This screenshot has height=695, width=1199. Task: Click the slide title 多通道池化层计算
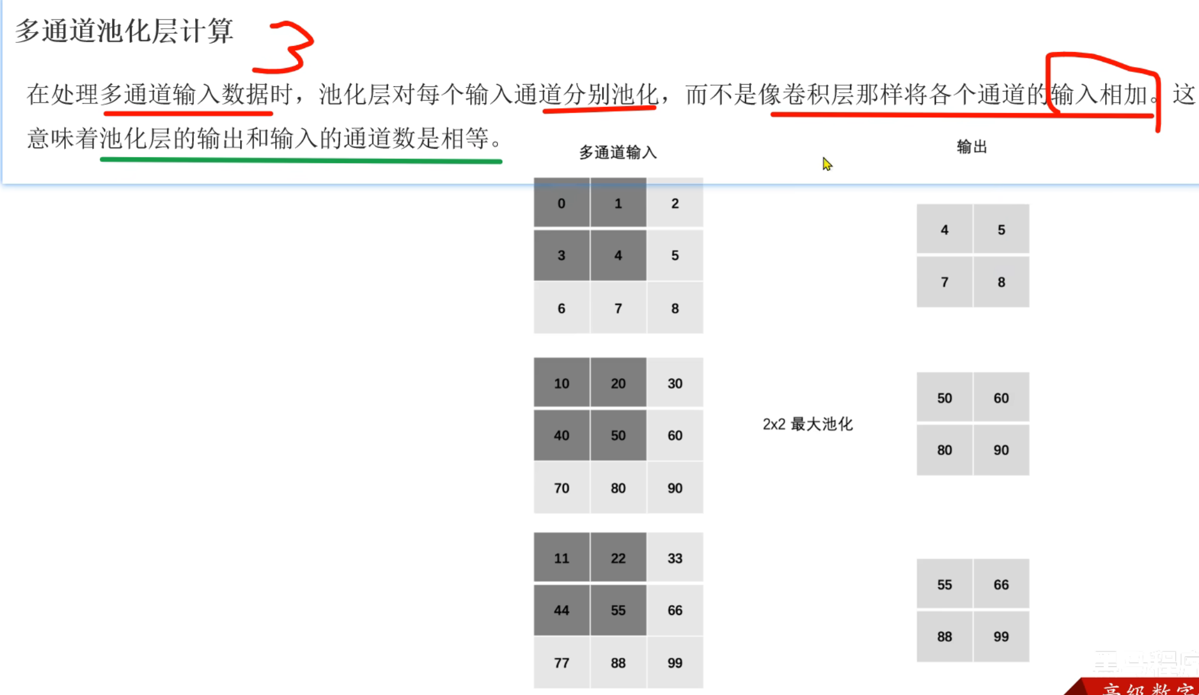point(124,31)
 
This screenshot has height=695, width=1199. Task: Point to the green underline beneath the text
point(301,161)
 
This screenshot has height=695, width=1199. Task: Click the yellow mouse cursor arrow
point(827,164)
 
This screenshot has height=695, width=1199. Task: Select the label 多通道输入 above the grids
point(618,153)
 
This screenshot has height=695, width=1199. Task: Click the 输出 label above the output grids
point(972,147)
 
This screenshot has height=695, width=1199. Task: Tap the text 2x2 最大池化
point(807,424)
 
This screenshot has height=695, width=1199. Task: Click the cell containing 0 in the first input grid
point(561,203)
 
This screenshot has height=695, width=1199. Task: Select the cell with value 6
point(561,308)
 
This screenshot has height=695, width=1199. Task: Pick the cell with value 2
point(675,203)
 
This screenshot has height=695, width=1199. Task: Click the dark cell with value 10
point(561,383)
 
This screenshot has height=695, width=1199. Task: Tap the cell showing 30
point(675,383)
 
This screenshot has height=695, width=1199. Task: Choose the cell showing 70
point(561,488)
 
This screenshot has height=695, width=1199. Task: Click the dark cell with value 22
point(618,558)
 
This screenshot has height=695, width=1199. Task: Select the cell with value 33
point(675,558)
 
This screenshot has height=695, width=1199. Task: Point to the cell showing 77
point(561,663)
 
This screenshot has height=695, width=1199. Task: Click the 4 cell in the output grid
point(944,229)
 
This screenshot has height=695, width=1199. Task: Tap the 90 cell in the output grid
point(1001,450)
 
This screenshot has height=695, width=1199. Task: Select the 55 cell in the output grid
point(944,585)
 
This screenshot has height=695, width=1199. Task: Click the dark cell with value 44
point(561,610)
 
